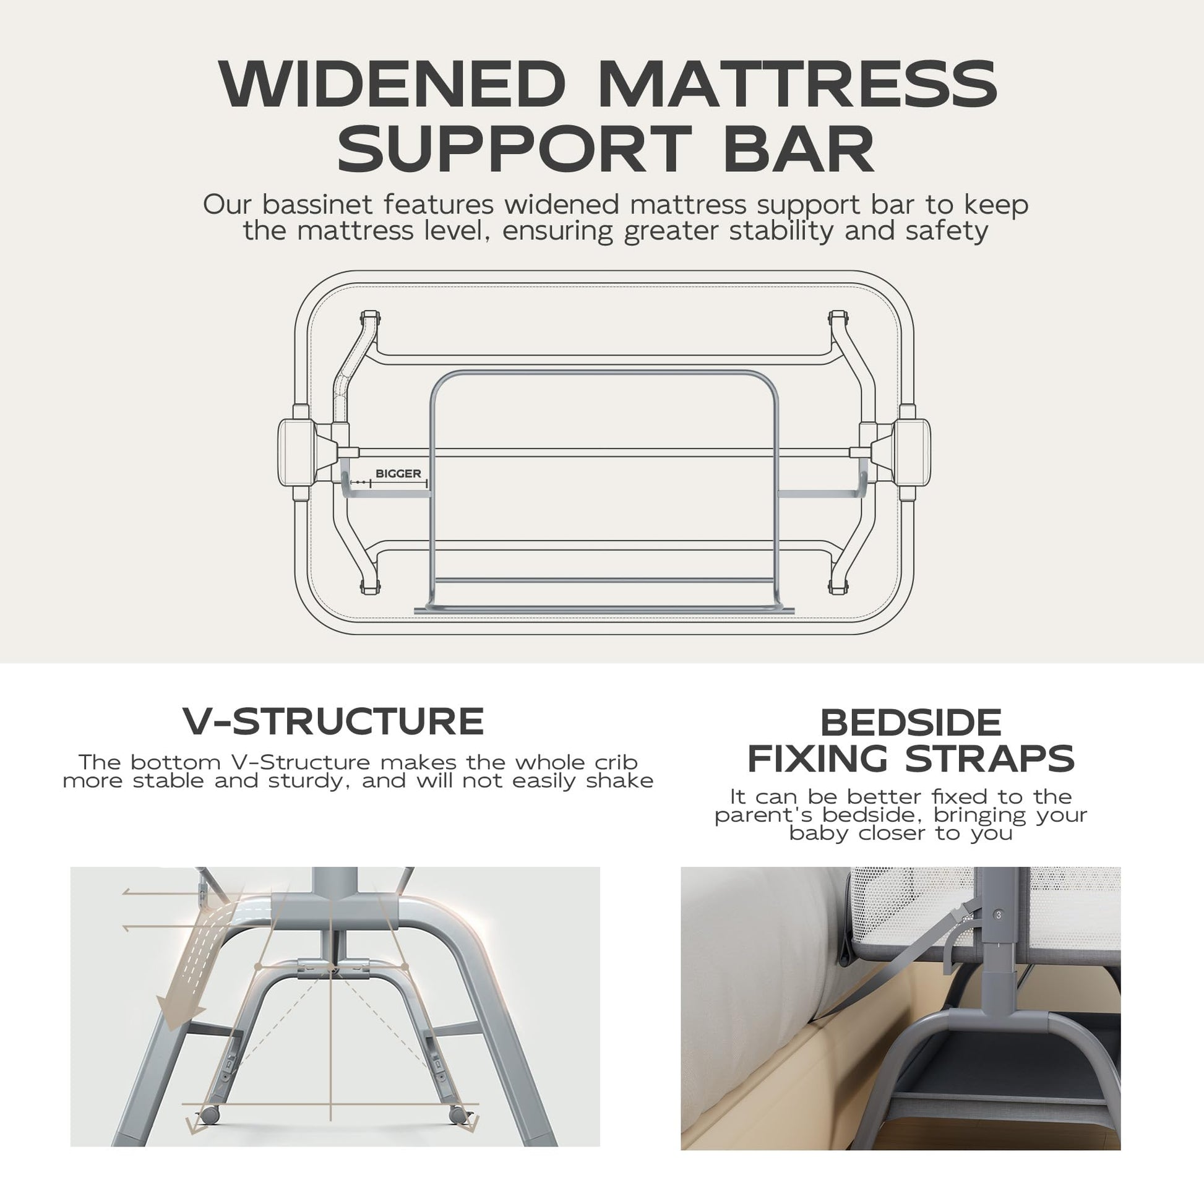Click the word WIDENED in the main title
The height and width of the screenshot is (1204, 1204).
[392, 85]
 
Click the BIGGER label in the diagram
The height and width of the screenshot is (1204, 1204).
[398, 474]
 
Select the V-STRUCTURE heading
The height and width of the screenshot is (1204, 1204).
[333, 721]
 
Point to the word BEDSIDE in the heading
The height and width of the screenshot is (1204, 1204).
[911, 723]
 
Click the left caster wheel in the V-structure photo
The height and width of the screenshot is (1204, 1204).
[209, 1115]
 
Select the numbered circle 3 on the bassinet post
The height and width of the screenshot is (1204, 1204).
[999, 915]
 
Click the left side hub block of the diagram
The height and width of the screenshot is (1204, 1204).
[297, 452]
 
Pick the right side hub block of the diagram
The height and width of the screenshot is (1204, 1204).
[912, 452]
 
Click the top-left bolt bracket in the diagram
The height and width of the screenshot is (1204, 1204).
[369, 318]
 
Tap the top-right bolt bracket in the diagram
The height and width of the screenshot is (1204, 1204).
[838, 318]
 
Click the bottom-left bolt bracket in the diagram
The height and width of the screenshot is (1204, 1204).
[369, 587]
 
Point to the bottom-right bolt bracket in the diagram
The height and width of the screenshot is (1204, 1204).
[838, 587]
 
